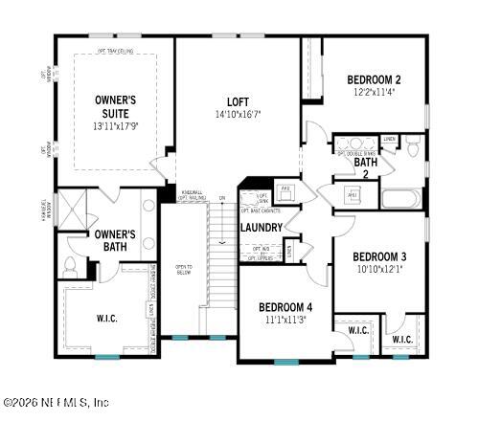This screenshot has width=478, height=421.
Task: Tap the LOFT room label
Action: point(238,101)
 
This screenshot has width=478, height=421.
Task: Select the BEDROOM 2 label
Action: point(372,79)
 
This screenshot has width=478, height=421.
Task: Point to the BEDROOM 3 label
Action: point(379,256)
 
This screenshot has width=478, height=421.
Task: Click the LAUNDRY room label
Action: point(261,228)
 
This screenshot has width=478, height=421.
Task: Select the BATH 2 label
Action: point(366,168)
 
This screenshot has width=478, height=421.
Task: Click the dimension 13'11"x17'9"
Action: point(115,125)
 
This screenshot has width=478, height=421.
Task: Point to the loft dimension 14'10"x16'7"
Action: point(238,115)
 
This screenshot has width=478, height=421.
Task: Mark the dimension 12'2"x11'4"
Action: point(372,93)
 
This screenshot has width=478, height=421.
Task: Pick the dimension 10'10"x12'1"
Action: point(379,269)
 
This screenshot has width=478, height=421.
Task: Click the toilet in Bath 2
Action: point(413,148)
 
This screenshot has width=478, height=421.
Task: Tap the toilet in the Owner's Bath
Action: point(72,265)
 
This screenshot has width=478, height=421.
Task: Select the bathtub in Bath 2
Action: point(400,199)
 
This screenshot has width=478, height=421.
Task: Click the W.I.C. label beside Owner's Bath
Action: point(107,319)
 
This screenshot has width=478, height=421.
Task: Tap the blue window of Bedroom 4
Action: point(285,362)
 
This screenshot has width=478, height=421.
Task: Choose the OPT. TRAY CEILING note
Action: point(115,50)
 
